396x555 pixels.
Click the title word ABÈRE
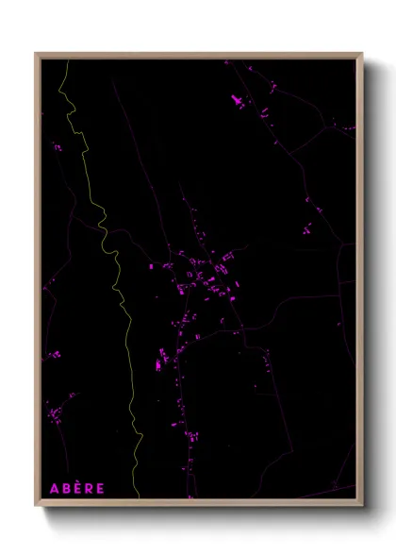[77, 488]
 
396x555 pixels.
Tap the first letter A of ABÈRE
[55, 488]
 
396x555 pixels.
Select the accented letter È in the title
[77, 488]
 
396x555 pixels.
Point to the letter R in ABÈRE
[89, 488]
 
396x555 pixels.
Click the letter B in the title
[66, 488]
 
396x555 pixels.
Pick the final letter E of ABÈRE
[100, 488]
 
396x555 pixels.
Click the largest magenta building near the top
[236, 99]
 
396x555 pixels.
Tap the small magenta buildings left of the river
[57, 147]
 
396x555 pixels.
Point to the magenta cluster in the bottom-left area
[58, 411]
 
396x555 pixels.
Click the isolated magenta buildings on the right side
[308, 227]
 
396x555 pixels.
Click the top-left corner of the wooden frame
[37, 54]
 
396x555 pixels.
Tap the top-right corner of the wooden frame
[361, 54]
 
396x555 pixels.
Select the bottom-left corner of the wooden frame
[37, 504]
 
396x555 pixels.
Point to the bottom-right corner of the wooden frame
[361, 504]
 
